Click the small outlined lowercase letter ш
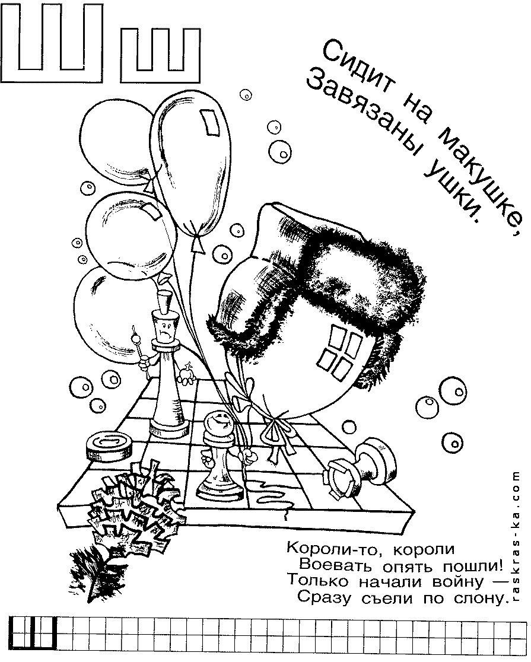pos(161,55)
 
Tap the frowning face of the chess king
pos(165,329)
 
